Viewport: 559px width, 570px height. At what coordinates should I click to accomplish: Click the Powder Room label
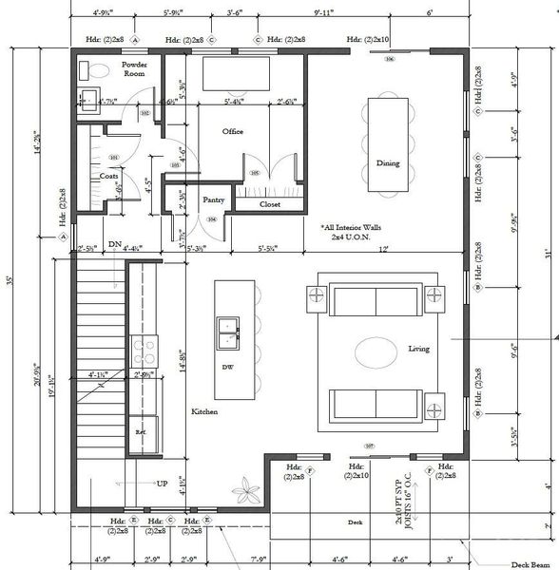134,68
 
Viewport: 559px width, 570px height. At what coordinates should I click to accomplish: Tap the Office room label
233,131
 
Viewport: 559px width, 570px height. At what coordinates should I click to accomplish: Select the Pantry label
213,199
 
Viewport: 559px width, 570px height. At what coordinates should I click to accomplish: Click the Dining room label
387,163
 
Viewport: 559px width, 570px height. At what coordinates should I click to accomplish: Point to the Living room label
419,349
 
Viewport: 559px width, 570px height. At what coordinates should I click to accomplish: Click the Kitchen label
204,411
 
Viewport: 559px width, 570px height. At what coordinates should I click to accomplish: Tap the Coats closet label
108,176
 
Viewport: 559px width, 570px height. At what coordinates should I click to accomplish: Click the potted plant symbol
248,494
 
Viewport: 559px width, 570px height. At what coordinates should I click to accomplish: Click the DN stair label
114,244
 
